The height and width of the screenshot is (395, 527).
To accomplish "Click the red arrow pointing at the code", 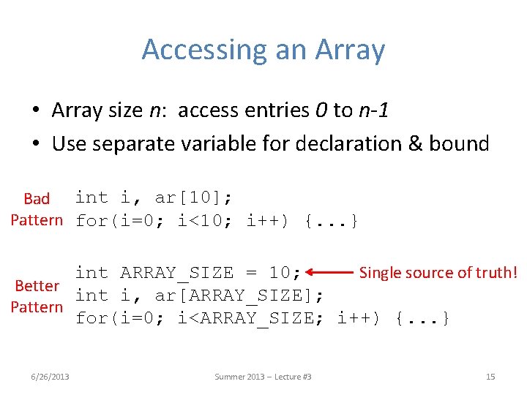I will click(x=330, y=273).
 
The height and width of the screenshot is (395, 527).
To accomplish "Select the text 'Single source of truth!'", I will click(x=438, y=273).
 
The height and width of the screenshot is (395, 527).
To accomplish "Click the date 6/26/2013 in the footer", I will click(x=51, y=377).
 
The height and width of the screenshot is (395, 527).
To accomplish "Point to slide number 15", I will click(x=490, y=377).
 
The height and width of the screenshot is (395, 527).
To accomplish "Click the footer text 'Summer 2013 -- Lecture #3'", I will click(x=263, y=377).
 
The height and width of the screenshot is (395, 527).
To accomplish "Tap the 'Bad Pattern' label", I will click(x=37, y=209).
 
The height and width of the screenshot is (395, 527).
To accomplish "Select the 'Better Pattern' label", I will click(x=37, y=296).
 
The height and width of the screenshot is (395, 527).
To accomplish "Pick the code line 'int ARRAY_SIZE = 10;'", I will click(x=188, y=273).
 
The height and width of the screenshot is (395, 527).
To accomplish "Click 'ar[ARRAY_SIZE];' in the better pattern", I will click(x=240, y=296).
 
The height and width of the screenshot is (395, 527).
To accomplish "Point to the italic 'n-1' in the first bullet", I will click(x=373, y=110).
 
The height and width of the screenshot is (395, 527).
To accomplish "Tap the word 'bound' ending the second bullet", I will click(x=465, y=143).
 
